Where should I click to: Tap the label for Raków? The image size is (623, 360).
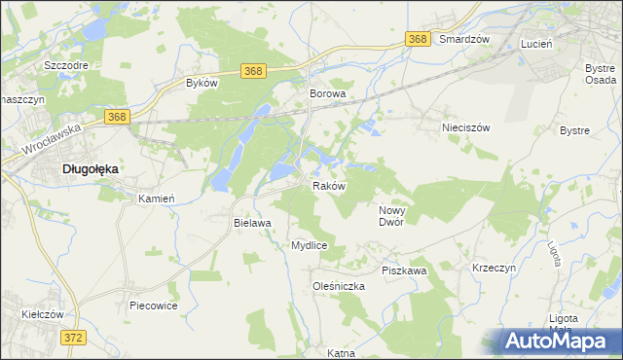click(x=329, y=185)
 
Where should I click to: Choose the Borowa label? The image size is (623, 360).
click(x=328, y=94)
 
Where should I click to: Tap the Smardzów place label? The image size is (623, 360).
click(x=463, y=39)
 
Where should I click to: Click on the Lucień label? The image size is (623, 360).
click(x=536, y=45)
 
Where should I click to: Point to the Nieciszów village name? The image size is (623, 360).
click(x=465, y=127)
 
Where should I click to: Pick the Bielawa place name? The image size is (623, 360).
click(x=251, y=223)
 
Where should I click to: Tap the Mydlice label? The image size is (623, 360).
click(x=309, y=246)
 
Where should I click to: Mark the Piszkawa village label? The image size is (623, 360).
click(x=404, y=270)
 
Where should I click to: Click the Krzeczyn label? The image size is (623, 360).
click(x=494, y=268)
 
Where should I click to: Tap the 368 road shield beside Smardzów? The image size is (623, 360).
click(x=419, y=39)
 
